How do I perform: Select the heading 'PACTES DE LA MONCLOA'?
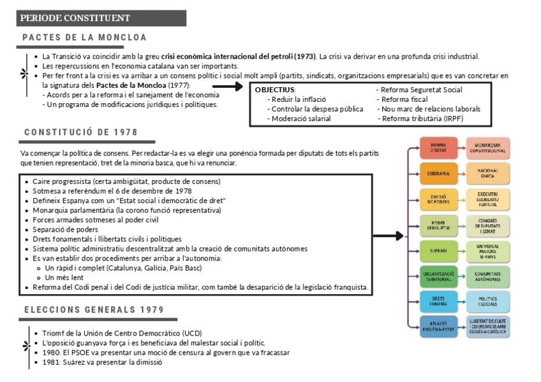click(x=84, y=38)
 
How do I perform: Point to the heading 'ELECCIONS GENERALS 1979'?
click(x=94, y=310)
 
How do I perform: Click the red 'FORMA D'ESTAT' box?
click(x=438, y=148)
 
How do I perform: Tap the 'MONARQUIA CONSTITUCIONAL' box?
click(x=488, y=148)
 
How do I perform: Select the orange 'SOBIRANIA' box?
click(x=438, y=173)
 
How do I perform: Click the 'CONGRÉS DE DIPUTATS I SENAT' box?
click(x=488, y=225)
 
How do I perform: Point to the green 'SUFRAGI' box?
click(x=438, y=251)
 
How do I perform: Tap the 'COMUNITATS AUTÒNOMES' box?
click(x=488, y=276)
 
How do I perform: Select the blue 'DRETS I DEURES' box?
click(x=438, y=301)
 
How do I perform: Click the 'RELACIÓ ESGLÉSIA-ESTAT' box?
click(x=438, y=326)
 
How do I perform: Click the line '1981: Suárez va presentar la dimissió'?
click(x=102, y=362)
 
